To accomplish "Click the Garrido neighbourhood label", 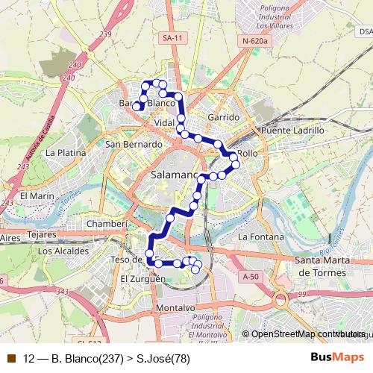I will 224,117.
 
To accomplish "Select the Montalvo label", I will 176,307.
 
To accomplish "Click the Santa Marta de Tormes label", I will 325,266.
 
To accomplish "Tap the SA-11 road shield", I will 172,37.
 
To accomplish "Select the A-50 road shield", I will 251,276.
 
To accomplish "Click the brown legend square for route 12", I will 11,358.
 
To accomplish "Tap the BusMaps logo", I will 332,357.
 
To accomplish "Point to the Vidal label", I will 163,122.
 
